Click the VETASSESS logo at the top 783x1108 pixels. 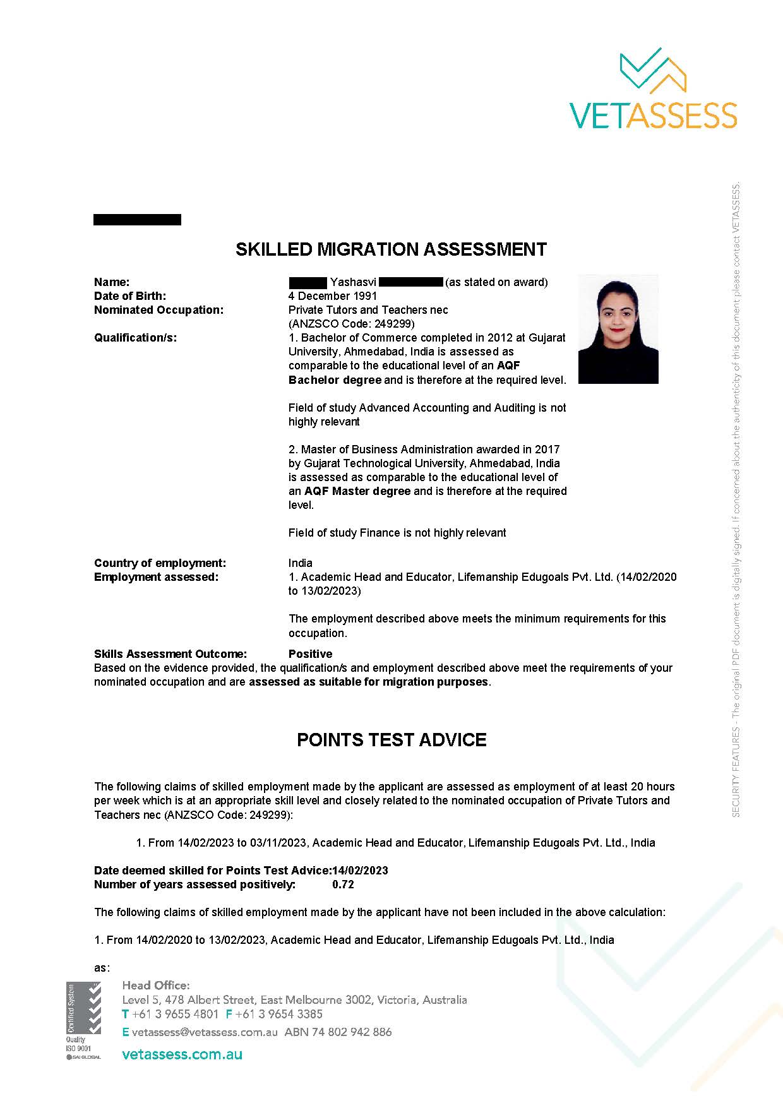(x=653, y=88)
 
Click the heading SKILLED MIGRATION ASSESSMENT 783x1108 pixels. (x=391, y=249)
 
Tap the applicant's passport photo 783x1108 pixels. (x=618, y=329)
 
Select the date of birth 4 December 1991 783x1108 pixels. (x=333, y=296)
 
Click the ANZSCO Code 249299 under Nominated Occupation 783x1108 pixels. (x=351, y=324)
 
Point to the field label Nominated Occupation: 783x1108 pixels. (x=158, y=310)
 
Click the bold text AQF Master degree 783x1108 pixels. (x=357, y=491)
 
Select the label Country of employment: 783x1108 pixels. (x=160, y=563)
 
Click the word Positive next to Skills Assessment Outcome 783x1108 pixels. (x=310, y=654)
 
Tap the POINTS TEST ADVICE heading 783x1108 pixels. (x=391, y=740)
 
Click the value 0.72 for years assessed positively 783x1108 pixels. (x=343, y=885)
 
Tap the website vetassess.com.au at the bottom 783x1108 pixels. (x=182, y=1054)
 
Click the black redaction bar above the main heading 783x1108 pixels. (x=137, y=220)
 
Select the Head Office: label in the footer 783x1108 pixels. (x=155, y=986)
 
